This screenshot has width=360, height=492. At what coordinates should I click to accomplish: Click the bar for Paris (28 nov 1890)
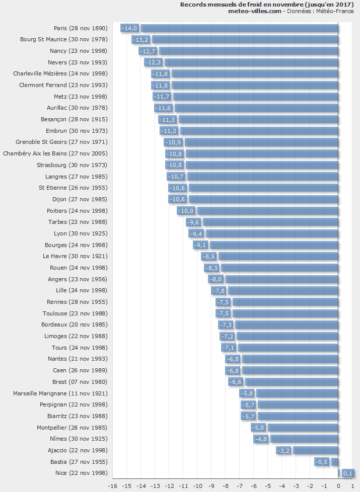240,28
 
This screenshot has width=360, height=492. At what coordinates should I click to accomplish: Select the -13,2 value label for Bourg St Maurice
140,39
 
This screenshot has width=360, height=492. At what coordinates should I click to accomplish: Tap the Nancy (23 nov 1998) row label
79,51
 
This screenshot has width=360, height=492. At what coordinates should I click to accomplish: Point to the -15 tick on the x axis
127,486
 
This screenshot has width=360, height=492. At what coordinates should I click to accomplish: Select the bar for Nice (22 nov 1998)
339,473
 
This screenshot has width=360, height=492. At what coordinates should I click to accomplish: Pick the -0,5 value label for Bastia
322,462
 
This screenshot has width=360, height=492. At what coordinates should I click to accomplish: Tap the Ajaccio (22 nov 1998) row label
78,450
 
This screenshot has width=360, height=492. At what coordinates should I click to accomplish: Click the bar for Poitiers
267,211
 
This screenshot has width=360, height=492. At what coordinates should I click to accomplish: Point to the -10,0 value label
186,211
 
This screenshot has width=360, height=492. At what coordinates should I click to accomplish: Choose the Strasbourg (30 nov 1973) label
72,165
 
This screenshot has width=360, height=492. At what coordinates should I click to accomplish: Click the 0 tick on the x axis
338,486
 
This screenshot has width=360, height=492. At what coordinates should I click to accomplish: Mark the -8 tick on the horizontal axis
226,486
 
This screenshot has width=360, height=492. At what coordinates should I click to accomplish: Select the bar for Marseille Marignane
297,393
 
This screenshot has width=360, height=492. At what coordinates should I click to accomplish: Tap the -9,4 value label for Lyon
196,233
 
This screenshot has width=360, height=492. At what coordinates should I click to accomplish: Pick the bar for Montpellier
303,428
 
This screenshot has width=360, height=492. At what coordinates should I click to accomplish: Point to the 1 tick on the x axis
352,486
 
